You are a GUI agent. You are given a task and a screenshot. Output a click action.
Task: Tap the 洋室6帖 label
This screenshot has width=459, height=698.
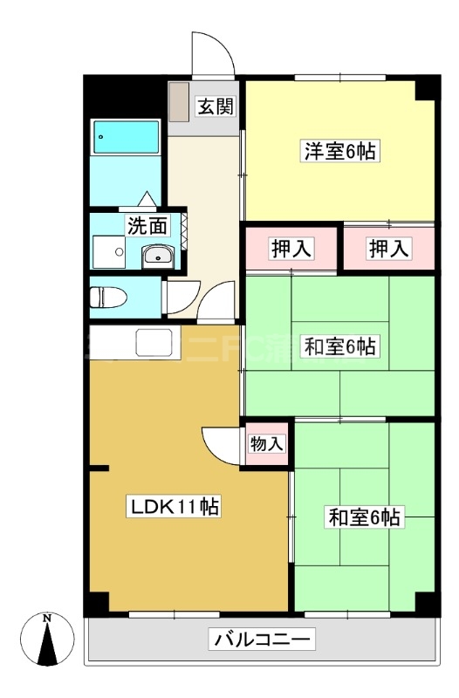point(339,152)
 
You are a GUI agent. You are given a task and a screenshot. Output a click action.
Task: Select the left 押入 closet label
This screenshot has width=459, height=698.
point(290,248)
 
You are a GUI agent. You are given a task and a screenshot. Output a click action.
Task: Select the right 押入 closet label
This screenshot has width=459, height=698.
point(387,248)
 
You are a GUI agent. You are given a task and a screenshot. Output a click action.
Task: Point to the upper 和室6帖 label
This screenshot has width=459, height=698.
point(339,346)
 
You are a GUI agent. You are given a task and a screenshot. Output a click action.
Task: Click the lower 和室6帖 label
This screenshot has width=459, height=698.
point(365,517)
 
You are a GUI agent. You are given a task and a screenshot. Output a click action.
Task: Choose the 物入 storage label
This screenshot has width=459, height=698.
point(267,443)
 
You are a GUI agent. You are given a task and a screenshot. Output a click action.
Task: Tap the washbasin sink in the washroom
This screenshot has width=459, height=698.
point(157,255)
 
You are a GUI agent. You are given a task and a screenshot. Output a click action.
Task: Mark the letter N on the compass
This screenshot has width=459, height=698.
point(48,619)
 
